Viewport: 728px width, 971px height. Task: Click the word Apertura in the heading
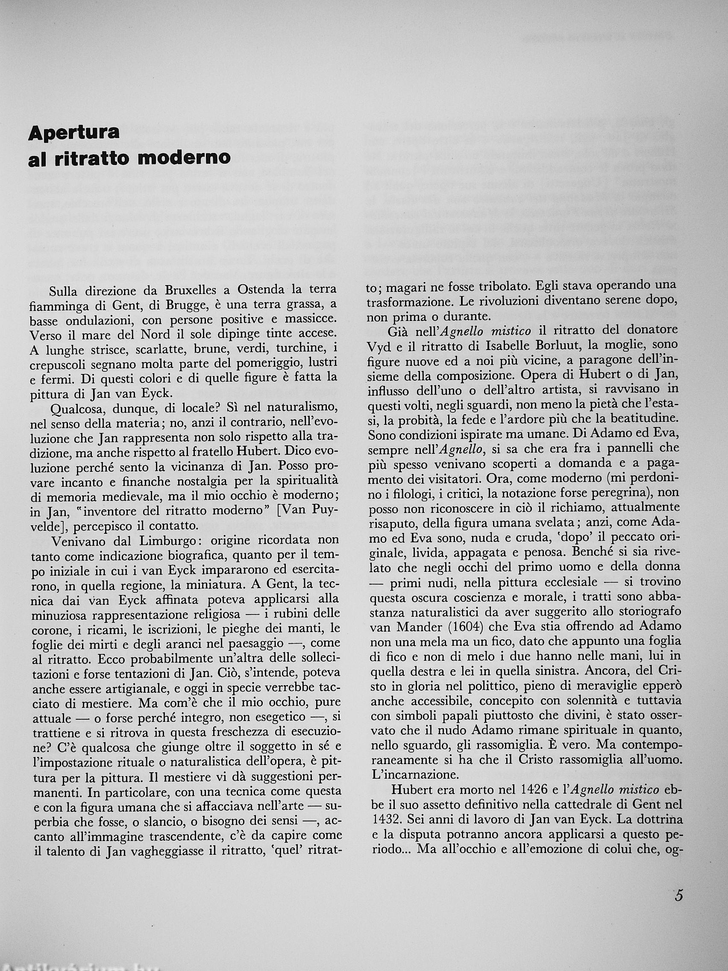[74, 133]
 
